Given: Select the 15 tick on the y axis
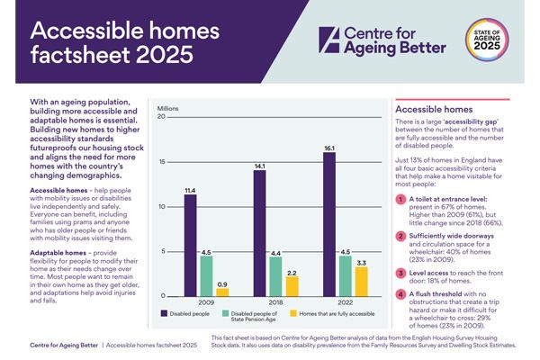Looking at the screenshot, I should point(161,162).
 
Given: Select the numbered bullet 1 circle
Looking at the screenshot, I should point(401,199).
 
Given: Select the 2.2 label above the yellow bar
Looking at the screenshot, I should point(292,271).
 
